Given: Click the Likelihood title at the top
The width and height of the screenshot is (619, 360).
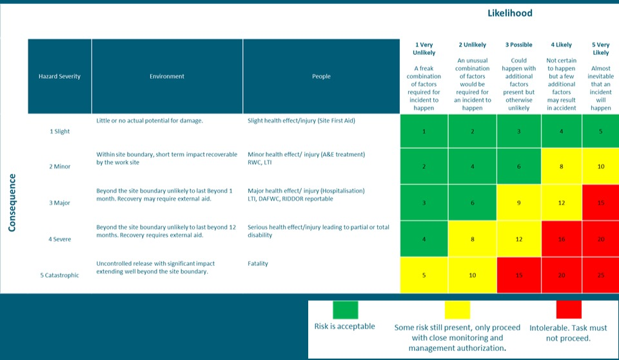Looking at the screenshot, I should [510, 13].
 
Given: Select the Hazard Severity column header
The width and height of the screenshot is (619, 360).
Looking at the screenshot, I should [59, 76].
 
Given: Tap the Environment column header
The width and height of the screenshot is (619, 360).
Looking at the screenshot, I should [167, 76].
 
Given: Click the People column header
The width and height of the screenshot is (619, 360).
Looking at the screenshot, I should [321, 76].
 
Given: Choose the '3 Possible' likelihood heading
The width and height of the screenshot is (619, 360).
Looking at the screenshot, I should [519, 45].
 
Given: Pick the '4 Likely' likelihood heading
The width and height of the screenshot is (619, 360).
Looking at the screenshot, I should [561, 45].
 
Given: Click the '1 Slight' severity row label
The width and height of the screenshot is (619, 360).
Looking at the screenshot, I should [59, 132].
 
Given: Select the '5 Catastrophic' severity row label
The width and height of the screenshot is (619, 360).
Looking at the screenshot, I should [59, 275].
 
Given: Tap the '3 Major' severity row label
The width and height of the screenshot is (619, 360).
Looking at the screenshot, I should [59, 203].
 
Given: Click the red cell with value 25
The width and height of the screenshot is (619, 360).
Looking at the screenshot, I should [600, 275].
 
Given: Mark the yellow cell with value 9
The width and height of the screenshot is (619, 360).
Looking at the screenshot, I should [519, 203].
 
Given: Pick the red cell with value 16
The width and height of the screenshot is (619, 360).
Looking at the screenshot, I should [561, 239].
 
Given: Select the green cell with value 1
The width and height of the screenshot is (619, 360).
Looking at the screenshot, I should [424, 132].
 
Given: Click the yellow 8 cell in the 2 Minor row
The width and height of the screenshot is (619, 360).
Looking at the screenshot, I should [561, 167].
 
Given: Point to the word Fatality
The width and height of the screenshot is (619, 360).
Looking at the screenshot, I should [258, 264].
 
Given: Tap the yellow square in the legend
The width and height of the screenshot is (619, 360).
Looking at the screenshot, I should [457, 309].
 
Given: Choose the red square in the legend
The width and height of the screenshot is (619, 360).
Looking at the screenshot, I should [568, 309].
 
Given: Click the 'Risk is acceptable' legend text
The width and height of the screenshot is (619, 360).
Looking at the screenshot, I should [344, 326].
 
